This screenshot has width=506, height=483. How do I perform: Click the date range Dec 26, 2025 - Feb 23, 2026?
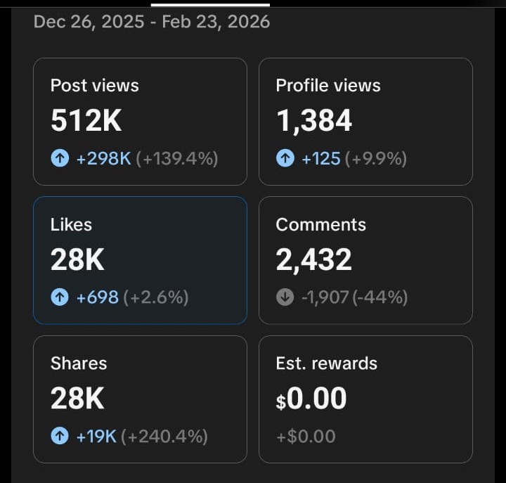point(151,22)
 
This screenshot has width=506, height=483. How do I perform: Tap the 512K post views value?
point(86,121)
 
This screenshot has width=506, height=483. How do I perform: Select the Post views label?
point(95,86)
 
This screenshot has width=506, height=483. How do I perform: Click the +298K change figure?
point(103,159)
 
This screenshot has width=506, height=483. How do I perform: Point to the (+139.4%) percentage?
point(177,159)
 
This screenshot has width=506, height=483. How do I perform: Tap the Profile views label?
point(328,86)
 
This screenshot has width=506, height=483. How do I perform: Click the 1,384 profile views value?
point(313,121)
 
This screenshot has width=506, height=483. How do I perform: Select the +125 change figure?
point(320,159)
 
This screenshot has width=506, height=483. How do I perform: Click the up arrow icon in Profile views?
point(285,159)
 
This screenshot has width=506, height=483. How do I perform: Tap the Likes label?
point(71,225)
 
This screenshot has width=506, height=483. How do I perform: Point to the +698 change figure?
point(97,298)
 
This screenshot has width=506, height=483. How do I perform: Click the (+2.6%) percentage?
point(156,298)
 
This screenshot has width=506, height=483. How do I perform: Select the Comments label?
point(320,225)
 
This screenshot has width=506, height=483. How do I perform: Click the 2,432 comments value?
point(313,260)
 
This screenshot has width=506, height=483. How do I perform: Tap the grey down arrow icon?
point(285,298)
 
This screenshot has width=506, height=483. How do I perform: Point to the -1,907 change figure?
point(325,298)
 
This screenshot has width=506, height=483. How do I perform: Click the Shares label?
point(79,363)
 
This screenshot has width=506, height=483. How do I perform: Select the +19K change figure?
point(96,437)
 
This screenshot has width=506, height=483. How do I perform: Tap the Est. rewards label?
point(326,363)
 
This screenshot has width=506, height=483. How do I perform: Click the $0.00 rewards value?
point(311,399)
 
